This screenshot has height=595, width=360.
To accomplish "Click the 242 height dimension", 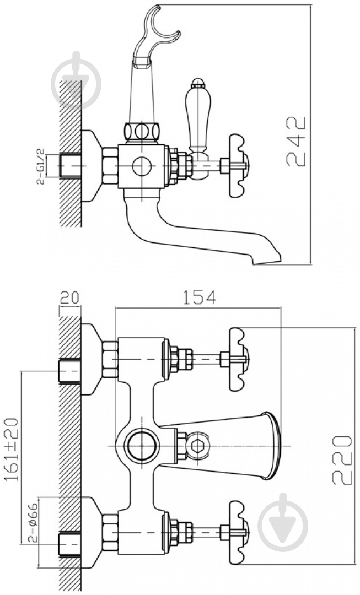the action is point(296,141).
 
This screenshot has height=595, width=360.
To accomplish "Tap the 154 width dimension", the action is point(200,297).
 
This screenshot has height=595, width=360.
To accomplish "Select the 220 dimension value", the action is point(342,460).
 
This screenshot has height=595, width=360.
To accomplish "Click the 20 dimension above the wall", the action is point(69,297).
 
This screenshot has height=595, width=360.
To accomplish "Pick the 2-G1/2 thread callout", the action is point(41,166).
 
